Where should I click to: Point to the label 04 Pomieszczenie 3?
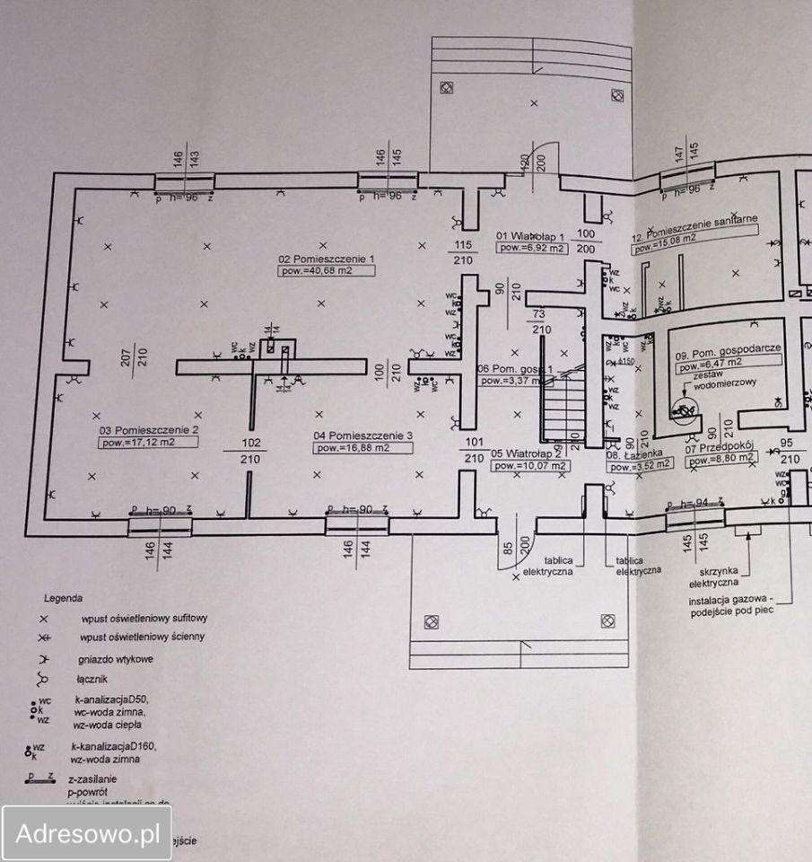pos(363,435)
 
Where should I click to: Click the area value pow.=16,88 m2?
pos(352,447)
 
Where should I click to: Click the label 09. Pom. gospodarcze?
pos(729,354)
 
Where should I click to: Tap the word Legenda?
pos(63,597)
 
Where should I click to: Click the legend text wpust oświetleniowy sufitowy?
pos(144,619)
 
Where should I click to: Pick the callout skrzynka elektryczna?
pos(726,576)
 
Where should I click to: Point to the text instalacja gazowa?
pos(729,602)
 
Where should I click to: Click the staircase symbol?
pos(562,409)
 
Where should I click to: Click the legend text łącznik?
pos(96,679)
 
